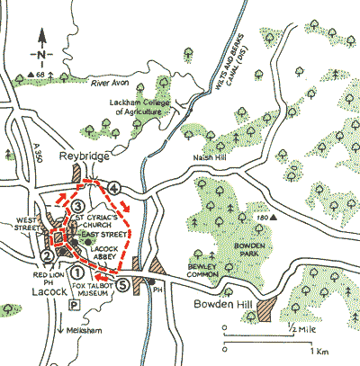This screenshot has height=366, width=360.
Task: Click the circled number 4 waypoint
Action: click(114, 187)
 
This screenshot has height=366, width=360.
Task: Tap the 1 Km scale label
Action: click(313, 352)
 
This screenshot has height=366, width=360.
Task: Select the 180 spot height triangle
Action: click(275, 219)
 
